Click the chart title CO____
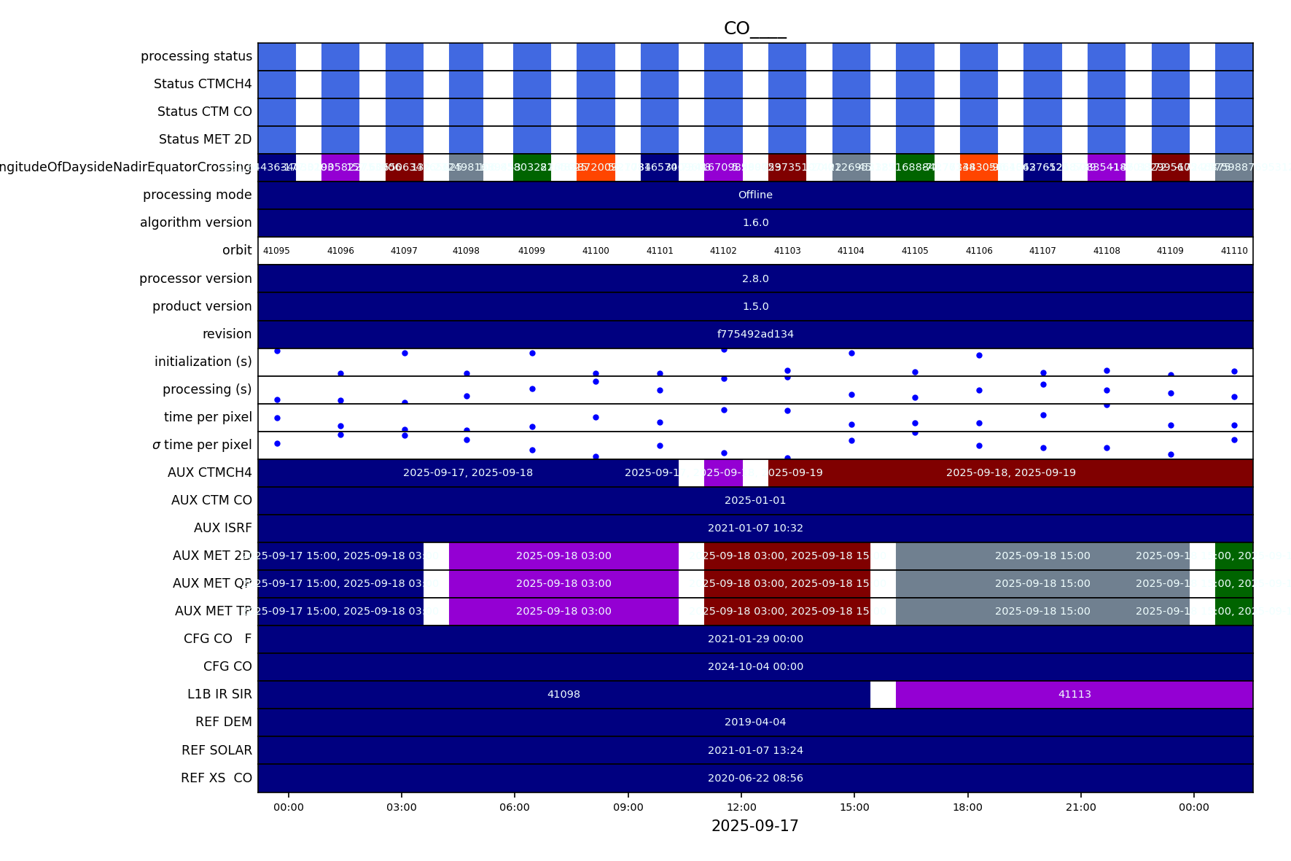pos(754,28)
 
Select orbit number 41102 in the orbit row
pos(723,251)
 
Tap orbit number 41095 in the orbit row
pos(276,251)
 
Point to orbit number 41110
pos(1234,251)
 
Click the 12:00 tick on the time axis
pos(741,807)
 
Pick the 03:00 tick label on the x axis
pos(402,807)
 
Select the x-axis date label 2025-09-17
pos(754,826)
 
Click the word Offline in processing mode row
pos(755,195)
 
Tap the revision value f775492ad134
pos(755,334)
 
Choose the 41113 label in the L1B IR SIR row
pos(1074,694)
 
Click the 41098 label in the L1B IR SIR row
pos(563,694)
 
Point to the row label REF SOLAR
pos(217,750)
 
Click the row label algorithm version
pos(195,222)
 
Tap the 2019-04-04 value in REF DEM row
pos(755,722)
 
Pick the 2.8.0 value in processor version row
pos(755,278)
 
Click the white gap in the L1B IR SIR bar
pos(883,694)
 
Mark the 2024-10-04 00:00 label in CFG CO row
pos(755,666)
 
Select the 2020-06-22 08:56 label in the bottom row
pos(755,778)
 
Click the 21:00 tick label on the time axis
pos(1080,807)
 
